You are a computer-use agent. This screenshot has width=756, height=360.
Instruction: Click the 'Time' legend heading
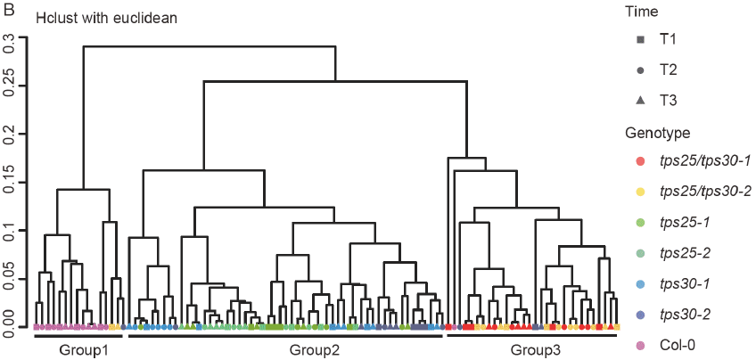642,12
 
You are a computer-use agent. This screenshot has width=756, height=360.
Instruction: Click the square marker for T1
640,40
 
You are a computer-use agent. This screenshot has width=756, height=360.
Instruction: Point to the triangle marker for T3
640,101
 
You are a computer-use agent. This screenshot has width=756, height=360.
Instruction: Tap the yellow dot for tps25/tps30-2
640,192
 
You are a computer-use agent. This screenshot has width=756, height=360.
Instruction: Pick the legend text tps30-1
684,283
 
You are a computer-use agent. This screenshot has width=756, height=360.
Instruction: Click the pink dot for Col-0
640,344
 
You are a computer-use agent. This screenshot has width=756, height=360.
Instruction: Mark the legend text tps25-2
684,253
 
